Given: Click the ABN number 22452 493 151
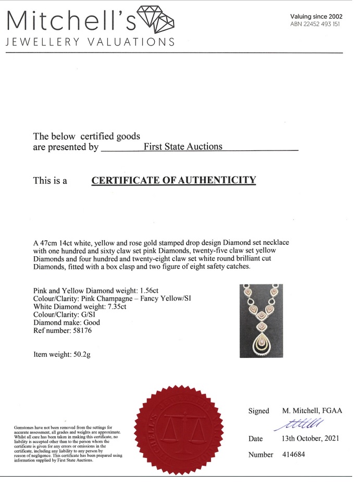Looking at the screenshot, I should [316, 24].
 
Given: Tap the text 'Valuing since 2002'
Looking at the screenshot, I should [316, 16].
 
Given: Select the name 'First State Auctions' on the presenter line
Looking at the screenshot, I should [183, 146].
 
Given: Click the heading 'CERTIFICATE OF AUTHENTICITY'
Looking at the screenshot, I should [174, 181].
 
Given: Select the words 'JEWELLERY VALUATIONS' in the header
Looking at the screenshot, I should [90, 42].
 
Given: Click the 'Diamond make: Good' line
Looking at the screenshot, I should [66, 322].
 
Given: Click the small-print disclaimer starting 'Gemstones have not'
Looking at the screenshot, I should [67, 444].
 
